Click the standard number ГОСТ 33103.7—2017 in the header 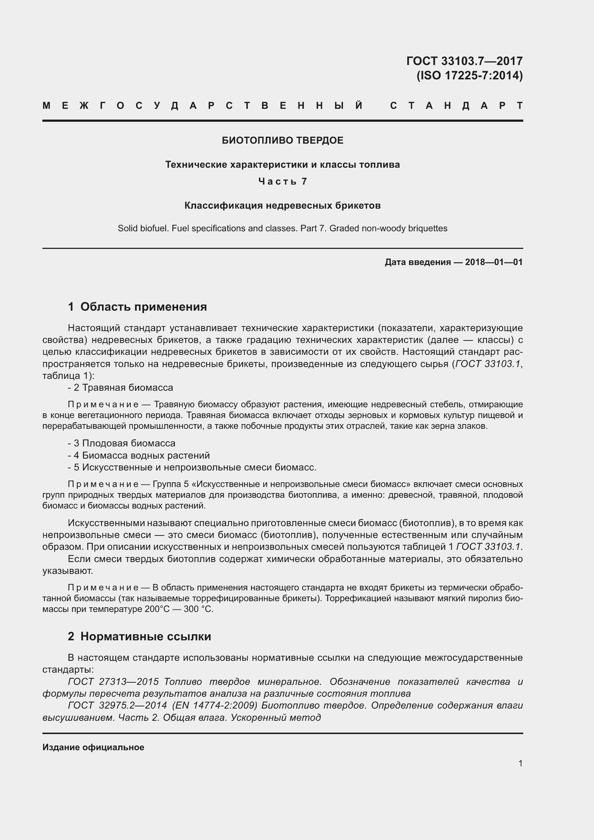tap(464, 61)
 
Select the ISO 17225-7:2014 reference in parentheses tap(470, 75)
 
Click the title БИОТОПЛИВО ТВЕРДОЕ tap(282, 140)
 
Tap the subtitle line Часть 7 tap(282, 181)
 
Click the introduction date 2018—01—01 tap(494, 262)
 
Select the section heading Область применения tap(143, 307)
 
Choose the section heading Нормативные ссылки tap(145, 637)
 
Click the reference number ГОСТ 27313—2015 tap(113, 682)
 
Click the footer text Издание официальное tap(93, 747)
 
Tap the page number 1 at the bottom tap(520, 763)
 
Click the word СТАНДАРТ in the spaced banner tap(456, 106)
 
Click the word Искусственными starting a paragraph tap(106, 523)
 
